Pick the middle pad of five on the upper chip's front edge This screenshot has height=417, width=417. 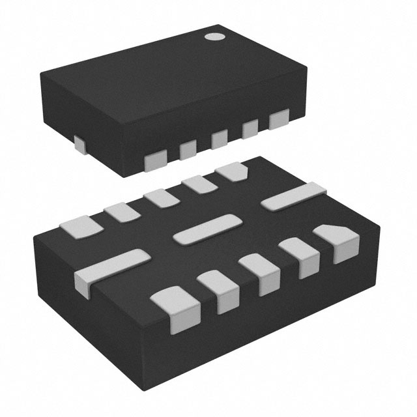tap(219, 139)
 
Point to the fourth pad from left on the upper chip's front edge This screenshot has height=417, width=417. tap(250, 130)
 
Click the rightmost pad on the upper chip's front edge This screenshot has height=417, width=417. tap(279, 119)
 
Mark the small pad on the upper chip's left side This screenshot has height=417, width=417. tap(78, 144)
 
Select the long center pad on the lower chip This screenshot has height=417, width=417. tap(204, 229)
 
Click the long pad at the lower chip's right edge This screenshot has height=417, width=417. tap(293, 196)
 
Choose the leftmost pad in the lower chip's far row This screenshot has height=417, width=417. tap(81, 227)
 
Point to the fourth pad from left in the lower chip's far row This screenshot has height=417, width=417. tap(197, 184)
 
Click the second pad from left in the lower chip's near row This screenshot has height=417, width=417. tap(218, 290)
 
